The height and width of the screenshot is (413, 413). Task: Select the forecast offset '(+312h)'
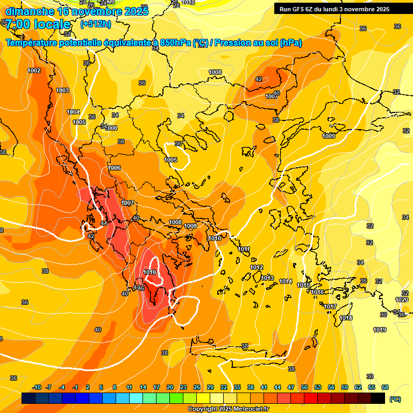(96, 24)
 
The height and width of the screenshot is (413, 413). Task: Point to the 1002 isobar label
(34, 70)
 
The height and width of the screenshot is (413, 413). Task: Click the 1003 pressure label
(62, 90)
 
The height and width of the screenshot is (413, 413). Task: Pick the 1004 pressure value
(73, 112)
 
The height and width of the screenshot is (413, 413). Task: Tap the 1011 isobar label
(244, 249)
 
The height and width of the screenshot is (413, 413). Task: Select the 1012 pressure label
(257, 267)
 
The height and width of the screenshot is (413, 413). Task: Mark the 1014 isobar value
(286, 281)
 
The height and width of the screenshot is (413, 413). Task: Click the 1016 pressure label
(317, 292)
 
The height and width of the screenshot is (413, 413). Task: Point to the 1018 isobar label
(346, 318)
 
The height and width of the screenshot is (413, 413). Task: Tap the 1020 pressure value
(401, 300)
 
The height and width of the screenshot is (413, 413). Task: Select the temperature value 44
(103, 223)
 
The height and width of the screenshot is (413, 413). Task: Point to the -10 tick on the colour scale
(37, 387)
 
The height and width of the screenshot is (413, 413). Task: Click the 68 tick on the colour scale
(385, 387)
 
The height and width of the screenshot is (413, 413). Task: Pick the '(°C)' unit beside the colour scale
(395, 398)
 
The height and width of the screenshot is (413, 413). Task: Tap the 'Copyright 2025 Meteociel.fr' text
(228, 409)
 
